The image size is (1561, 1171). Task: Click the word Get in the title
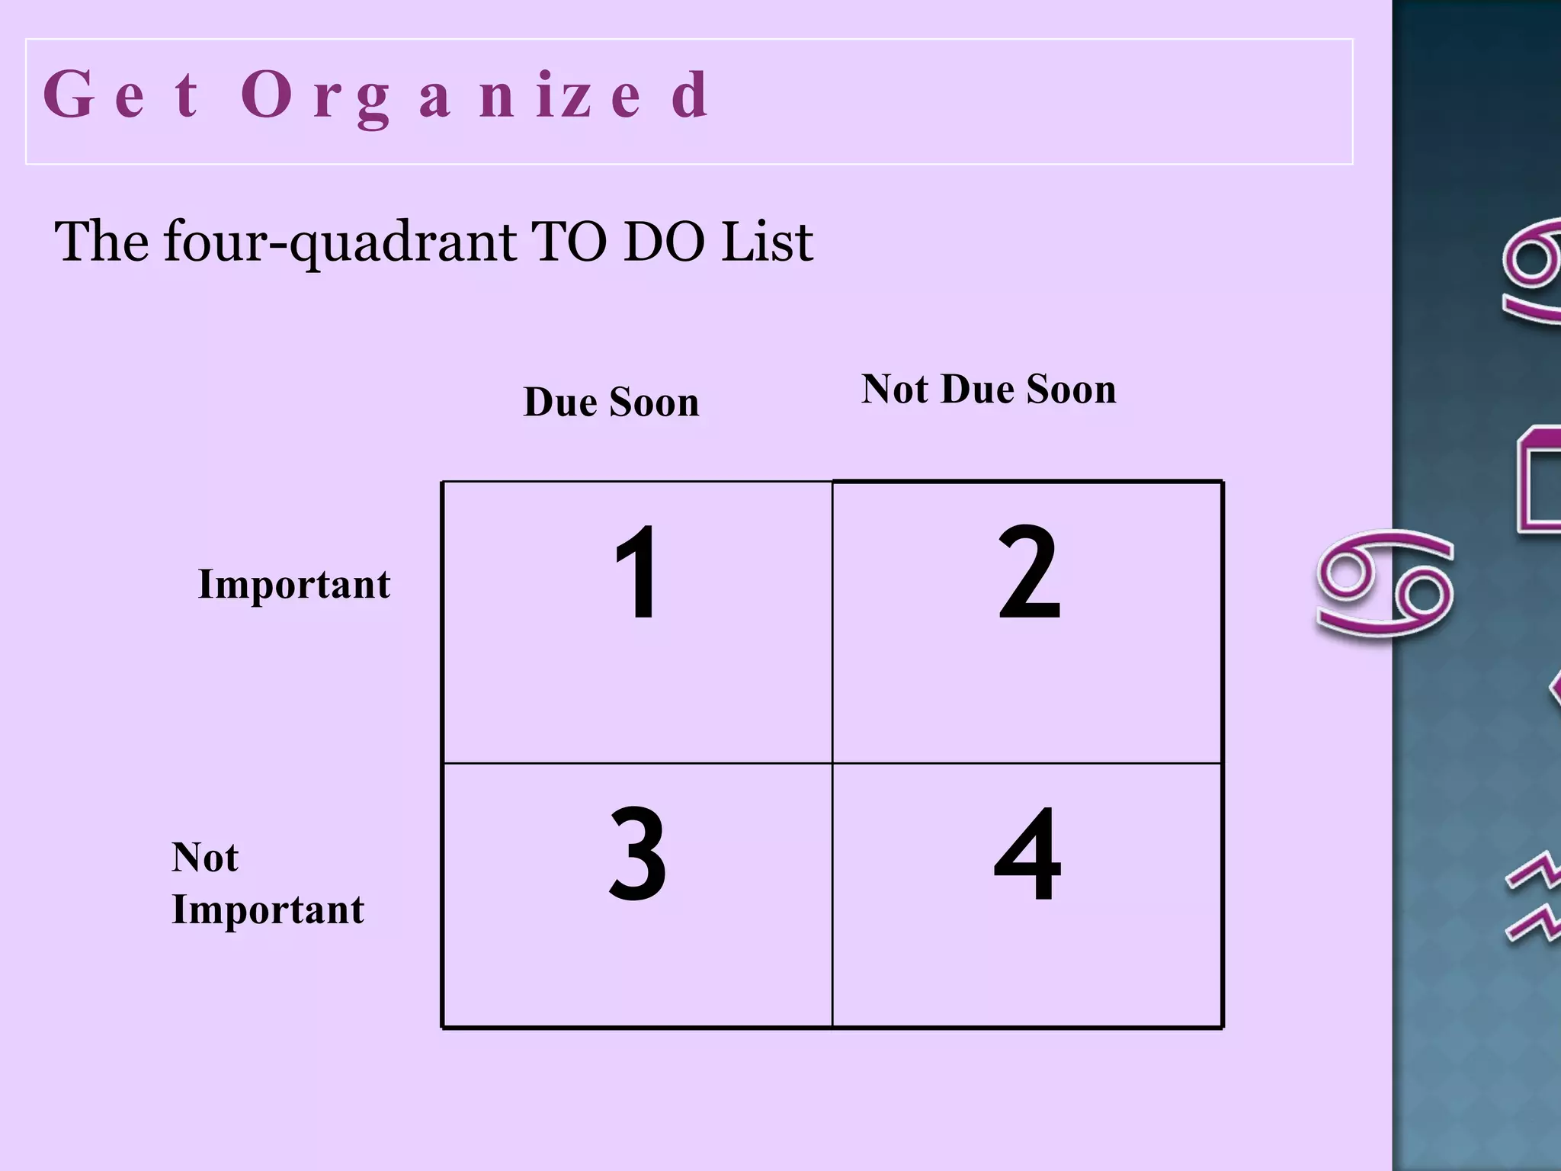coord(121,95)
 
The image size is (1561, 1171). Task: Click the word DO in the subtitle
coord(663,242)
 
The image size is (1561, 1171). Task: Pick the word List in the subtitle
coord(767,242)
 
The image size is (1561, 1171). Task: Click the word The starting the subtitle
coord(101,242)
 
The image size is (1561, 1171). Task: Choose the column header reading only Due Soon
coord(611,402)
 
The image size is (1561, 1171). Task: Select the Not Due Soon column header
coord(989,389)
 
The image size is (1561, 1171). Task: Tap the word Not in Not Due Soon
coord(896,389)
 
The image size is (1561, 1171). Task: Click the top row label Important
coord(293,585)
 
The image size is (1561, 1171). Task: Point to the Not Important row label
coord(268,883)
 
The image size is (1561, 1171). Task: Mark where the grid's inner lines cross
coord(832,762)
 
